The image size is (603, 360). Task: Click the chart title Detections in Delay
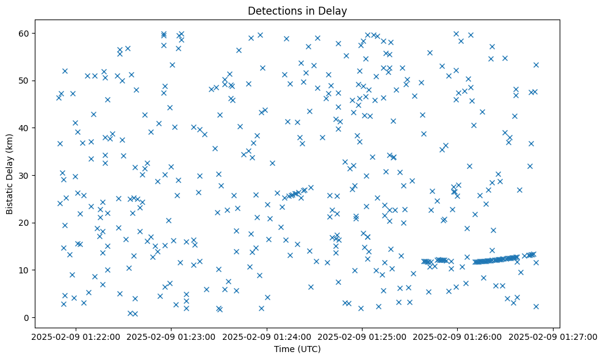click(297, 10)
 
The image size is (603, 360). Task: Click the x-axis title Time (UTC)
click(297, 349)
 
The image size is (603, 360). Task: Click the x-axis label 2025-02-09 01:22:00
click(76, 336)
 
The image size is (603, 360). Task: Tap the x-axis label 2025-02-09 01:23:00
click(172, 336)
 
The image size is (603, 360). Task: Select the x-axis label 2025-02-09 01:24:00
click(267, 336)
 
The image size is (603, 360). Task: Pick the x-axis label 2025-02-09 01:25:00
click(363, 336)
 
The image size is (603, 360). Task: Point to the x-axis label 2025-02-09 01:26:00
click(458, 336)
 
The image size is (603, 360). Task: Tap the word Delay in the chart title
click(334, 10)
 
